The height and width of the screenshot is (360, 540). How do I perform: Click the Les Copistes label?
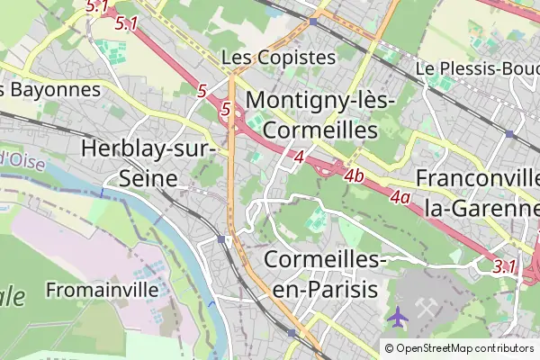tap(278, 58)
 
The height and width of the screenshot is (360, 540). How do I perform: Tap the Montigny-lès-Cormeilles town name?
tap(321, 114)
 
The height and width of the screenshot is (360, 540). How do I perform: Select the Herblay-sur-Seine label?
tap(149, 163)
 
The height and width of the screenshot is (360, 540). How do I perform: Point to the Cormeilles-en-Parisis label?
tap(326, 274)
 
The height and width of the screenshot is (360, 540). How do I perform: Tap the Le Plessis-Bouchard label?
tap(477, 68)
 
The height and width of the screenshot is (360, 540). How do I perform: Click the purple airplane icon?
tap(396, 316)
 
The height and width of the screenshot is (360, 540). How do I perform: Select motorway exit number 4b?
tap(354, 176)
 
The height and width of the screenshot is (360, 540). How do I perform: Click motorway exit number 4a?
tap(400, 196)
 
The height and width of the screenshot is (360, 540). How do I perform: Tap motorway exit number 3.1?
tap(505, 266)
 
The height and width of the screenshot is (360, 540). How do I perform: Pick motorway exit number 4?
tap(299, 158)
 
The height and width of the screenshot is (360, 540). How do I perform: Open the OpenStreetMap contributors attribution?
tap(464, 348)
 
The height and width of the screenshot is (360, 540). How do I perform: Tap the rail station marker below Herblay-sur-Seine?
tap(221, 239)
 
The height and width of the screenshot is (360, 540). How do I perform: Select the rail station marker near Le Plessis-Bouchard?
tap(509, 134)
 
